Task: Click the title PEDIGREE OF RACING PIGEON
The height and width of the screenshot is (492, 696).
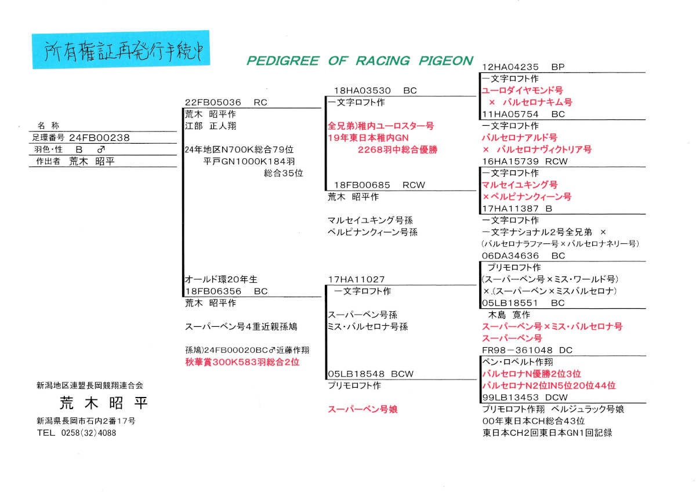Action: [360, 61]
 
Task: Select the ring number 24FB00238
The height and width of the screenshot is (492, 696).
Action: [99, 138]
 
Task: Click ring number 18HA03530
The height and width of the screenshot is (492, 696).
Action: [362, 91]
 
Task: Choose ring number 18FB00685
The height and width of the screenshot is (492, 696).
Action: [362, 185]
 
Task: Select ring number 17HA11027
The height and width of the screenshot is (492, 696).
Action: [356, 279]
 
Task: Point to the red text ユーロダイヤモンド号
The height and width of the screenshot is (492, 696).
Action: [522, 91]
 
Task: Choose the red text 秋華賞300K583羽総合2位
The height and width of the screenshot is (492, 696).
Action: [242, 362]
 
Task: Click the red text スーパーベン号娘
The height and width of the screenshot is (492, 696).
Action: [362, 409]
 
